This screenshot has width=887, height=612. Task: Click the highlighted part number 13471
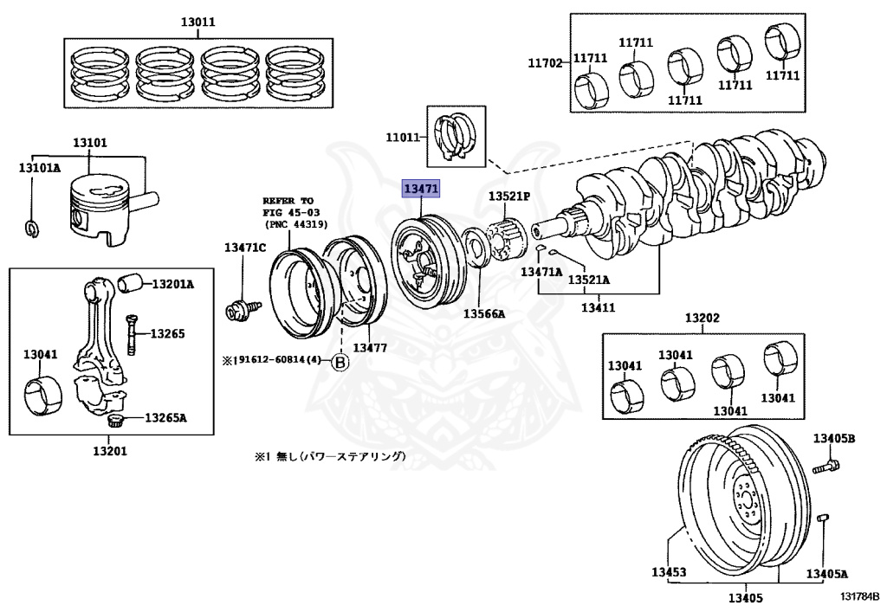(420, 189)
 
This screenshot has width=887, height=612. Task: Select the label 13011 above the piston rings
(198, 23)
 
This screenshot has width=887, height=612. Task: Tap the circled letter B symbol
(340, 361)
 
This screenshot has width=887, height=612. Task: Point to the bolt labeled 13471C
(243, 310)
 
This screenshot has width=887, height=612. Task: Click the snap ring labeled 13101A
(33, 228)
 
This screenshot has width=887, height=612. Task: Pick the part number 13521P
(509, 196)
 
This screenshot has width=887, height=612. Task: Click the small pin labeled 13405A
(824, 519)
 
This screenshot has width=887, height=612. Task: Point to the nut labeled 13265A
(116, 421)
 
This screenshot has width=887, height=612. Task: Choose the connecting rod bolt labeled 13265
(132, 333)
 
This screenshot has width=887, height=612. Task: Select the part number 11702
(545, 62)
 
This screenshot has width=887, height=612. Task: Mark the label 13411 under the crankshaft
(599, 307)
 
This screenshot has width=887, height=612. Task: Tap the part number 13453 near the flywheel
(669, 572)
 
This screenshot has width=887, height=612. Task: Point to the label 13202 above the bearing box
(702, 318)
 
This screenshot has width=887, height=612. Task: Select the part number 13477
(370, 347)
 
